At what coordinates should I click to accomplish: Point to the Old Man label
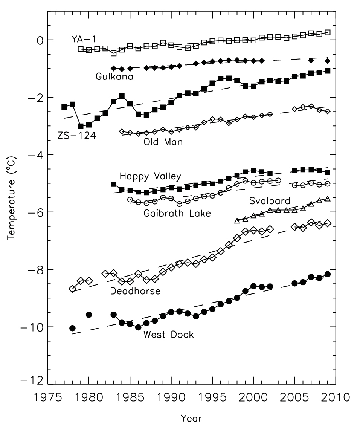163,142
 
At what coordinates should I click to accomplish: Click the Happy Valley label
150,176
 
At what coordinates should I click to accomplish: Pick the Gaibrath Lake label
177,214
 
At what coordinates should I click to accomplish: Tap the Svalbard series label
270,201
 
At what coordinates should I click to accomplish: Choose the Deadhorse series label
135,291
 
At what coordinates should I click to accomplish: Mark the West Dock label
168,334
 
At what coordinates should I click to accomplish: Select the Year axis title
191,418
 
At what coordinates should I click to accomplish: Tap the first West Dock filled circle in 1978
72,328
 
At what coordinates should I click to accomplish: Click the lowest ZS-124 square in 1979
81,126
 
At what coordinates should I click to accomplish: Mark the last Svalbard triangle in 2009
328,199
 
